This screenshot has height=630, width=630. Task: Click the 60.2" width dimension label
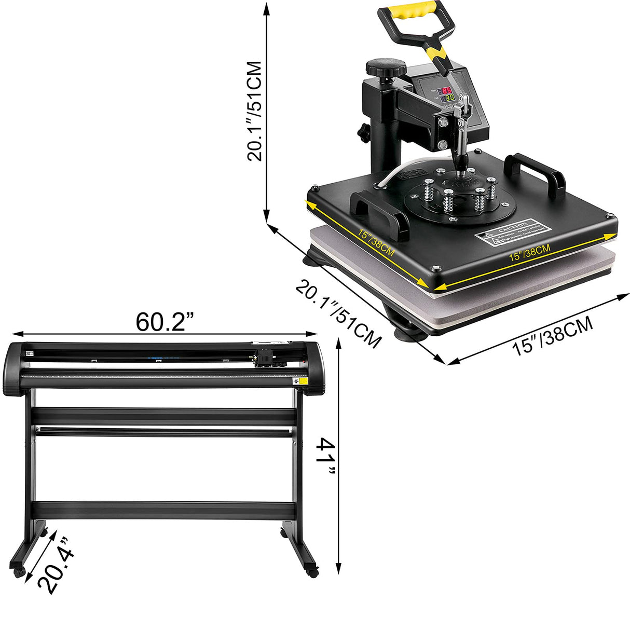[165, 322]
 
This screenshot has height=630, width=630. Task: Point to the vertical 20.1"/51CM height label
[254, 111]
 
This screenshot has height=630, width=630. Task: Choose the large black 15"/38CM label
[553, 337]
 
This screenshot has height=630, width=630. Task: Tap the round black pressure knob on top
[386, 66]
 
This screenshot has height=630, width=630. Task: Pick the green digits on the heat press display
[447, 98]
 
